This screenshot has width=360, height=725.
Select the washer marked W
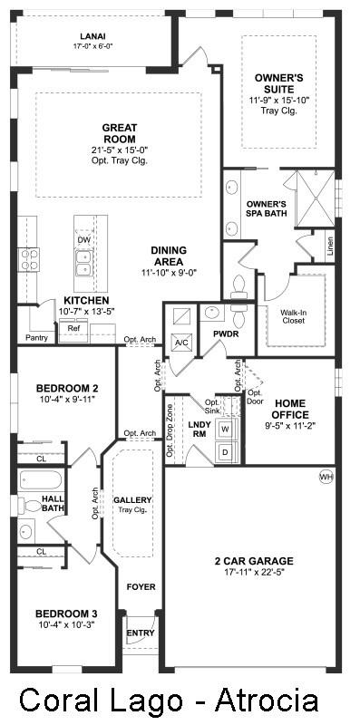pyautogui.click(x=226, y=429)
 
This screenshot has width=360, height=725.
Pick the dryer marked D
pyautogui.click(x=226, y=452)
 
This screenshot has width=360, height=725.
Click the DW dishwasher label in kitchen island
pyautogui.click(x=83, y=239)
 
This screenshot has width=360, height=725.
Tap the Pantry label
pyautogui.click(x=36, y=338)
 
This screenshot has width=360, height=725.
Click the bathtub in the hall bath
pyautogui.click(x=40, y=480)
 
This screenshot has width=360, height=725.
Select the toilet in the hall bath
pyautogui.click(x=32, y=506)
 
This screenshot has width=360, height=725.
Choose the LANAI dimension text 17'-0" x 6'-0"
pyautogui.click(x=93, y=46)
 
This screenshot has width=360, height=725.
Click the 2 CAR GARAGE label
pyautogui.click(x=254, y=561)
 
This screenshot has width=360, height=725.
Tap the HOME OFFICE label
pyautogui.click(x=290, y=409)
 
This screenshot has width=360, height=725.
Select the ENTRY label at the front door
pyautogui.click(x=141, y=633)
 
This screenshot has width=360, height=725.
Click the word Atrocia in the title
pyautogui.click(x=267, y=700)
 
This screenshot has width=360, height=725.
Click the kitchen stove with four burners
pyautogui.click(x=29, y=259)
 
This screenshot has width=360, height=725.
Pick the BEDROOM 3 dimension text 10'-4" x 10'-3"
pyautogui.click(x=66, y=624)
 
